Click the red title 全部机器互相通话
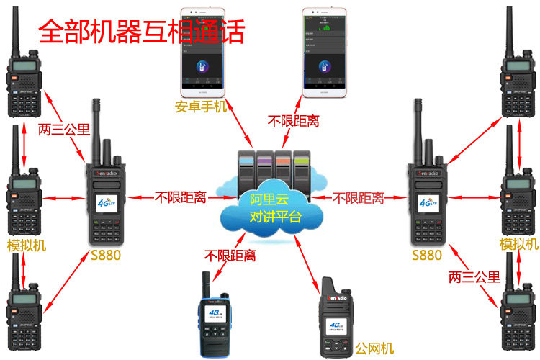tap(141, 31)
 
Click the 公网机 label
tap(374, 348)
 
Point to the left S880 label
tap(106, 255)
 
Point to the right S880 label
tap(426, 255)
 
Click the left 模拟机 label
tap(27, 246)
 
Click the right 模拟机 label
tap(518, 246)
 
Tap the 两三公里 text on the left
tap(64, 130)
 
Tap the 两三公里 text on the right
tap(474, 276)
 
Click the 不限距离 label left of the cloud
tap(181, 197)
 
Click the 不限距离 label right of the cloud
tap(358, 197)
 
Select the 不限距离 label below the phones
tap(293, 120)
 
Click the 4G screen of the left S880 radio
tap(107, 204)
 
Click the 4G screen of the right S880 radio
tap(428, 204)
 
